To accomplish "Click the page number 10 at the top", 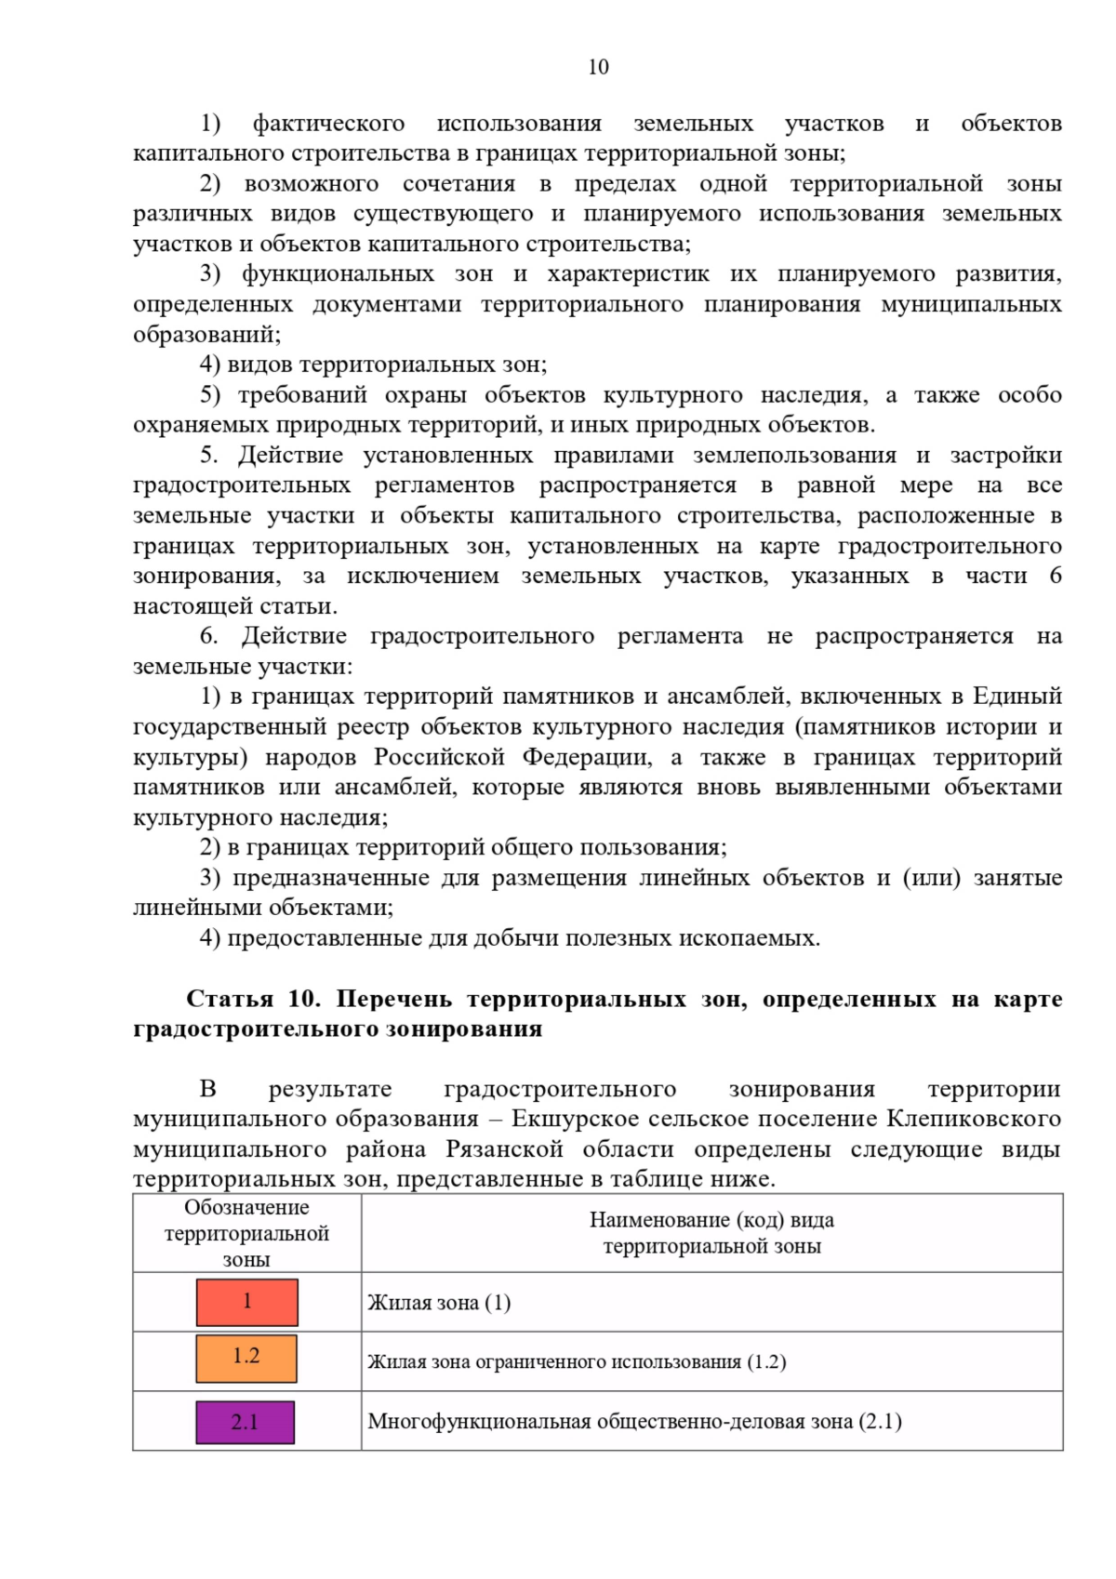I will (598, 67).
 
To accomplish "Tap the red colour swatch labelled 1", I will (246, 1302).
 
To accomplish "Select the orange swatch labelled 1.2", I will (246, 1358).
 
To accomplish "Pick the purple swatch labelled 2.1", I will (245, 1422).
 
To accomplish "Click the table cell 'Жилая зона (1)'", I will (439, 1303).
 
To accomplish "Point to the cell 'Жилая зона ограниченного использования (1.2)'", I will (577, 1362).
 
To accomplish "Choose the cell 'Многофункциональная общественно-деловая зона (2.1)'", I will (634, 1422).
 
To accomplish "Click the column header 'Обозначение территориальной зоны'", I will (246, 1233).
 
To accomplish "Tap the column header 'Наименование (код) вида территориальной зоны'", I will (711, 1233).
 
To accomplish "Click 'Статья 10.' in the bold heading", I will (253, 1000).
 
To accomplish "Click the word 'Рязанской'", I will (504, 1149).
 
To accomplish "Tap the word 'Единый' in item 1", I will (1017, 697).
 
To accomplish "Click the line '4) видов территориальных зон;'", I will (373, 365).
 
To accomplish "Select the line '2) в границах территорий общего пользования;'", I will (463, 847).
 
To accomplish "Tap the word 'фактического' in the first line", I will (328, 124).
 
